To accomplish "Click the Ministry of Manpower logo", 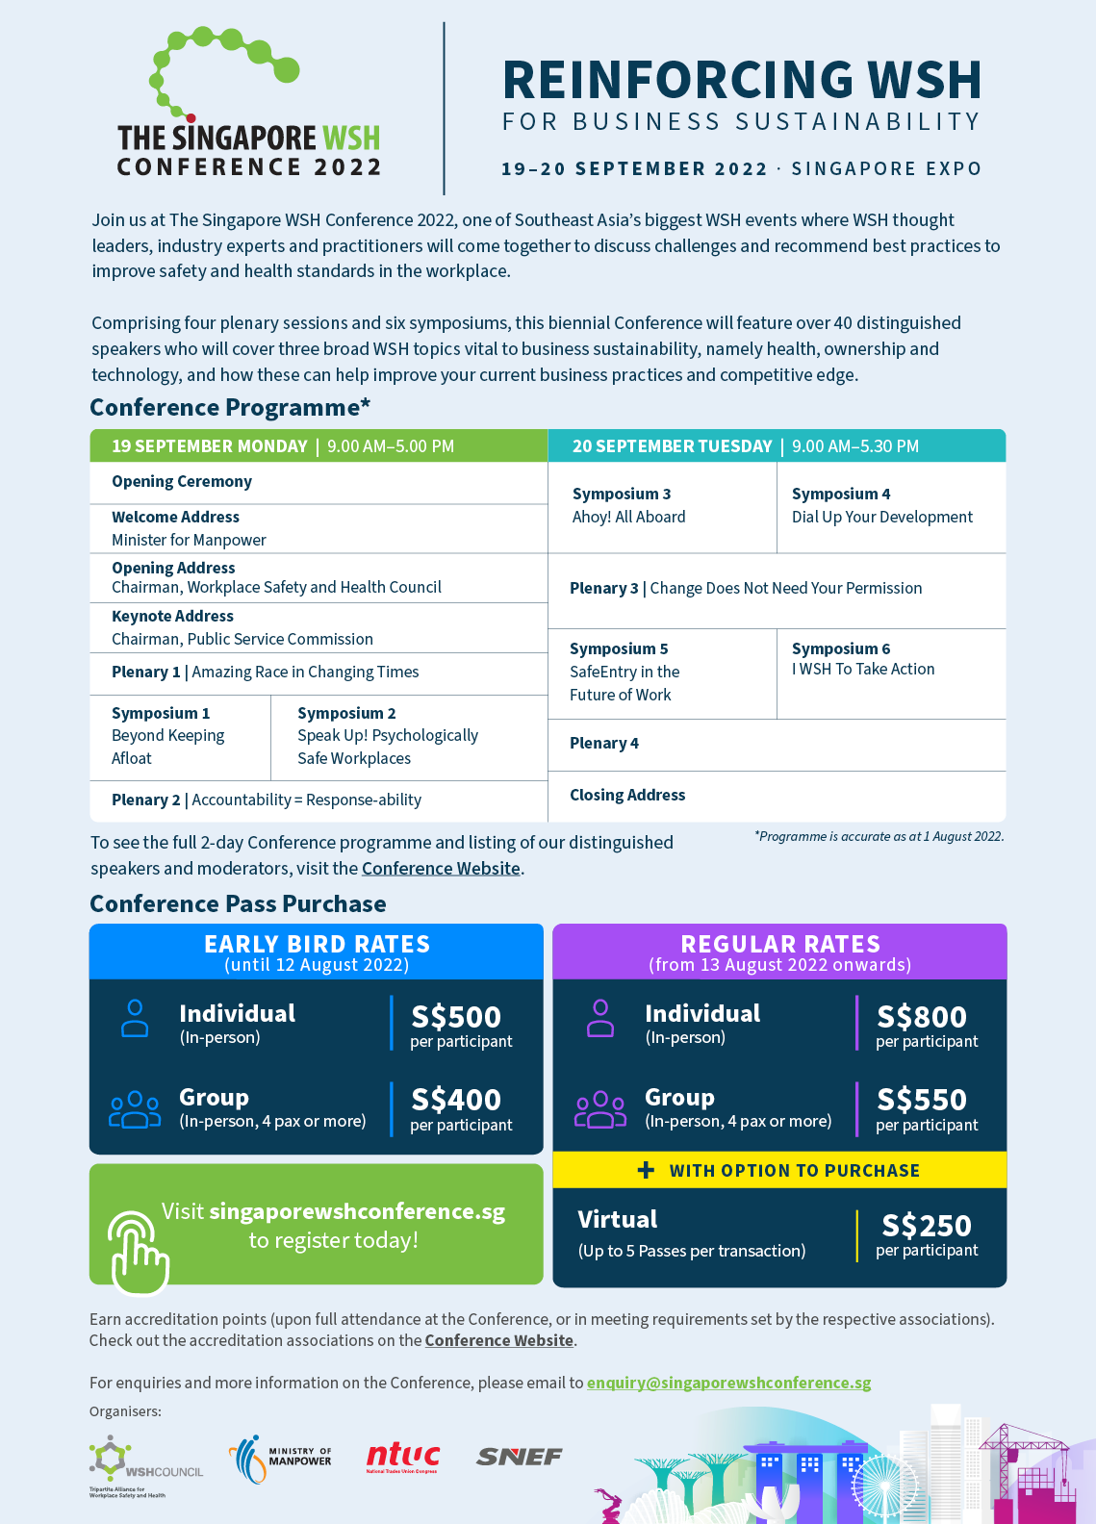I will [280, 1459].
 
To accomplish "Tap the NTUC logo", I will [402, 1458].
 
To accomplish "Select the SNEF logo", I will [519, 1457].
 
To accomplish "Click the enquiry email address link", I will [728, 1383].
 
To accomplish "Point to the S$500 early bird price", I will [456, 1017].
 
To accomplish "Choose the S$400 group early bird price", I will [456, 1100].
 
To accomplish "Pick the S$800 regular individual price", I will [922, 1017].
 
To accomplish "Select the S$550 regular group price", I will [922, 1100].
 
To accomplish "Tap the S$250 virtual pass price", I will [927, 1226].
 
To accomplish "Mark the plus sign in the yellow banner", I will [646, 1170].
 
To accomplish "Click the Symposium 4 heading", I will [841, 494].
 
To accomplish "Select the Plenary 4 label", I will [604, 743].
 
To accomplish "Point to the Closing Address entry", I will [627, 795].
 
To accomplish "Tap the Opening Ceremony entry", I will [182, 481].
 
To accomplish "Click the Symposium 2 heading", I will [346, 713].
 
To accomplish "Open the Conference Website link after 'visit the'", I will [441, 868].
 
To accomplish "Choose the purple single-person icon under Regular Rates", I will [600, 1018].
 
